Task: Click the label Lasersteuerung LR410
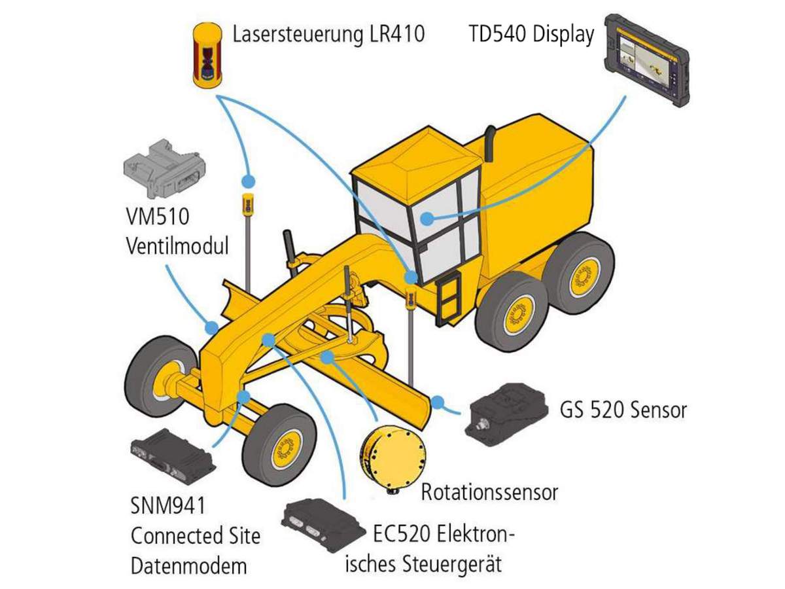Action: [328, 33]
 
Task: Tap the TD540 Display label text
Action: [531, 33]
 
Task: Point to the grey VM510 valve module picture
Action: [164, 168]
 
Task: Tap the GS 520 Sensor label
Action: [623, 410]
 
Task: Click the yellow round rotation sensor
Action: [393, 455]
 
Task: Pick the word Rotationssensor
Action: [489, 491]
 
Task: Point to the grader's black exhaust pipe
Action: [489, 137]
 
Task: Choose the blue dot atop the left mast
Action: [248, 181]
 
